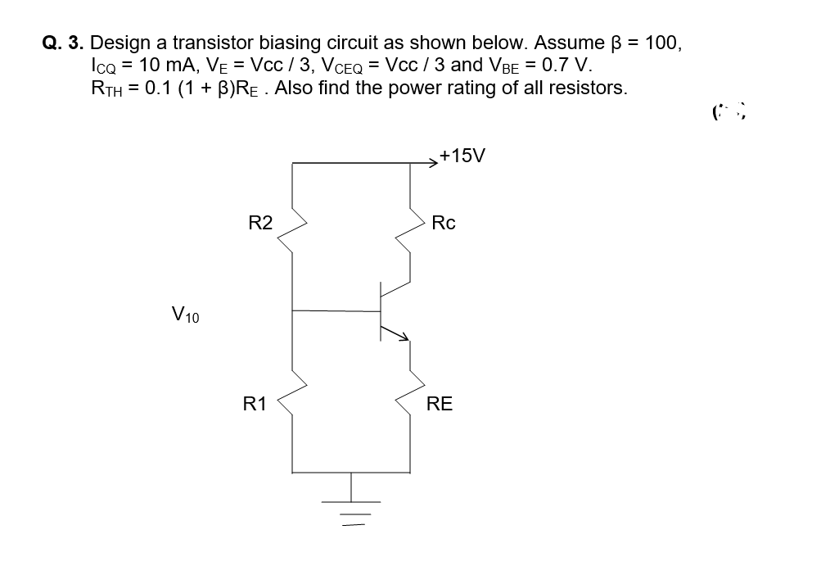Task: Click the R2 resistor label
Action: click(260, 222)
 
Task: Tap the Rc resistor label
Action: click(443, 222)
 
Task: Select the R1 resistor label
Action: click(255, 403)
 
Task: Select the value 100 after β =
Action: click(662, 43)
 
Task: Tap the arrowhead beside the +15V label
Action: click(433, 163)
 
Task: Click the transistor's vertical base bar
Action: click(381, 311)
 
